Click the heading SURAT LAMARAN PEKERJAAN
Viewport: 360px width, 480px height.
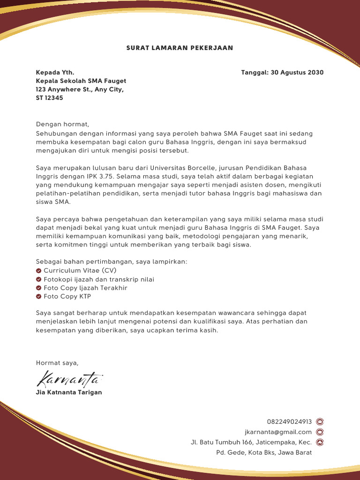click(180, 48)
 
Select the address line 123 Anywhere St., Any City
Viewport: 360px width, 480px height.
click(80, 90)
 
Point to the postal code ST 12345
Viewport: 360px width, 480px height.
click(49, 98)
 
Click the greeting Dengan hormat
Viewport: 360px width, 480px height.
click(62, 124)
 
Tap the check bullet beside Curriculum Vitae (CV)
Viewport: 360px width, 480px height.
click(38, 271)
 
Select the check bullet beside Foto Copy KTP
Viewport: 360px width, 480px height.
click(38, 297)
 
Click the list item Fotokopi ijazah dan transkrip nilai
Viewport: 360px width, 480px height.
click(99, 279)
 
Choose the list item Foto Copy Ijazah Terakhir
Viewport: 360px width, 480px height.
click(85, 288)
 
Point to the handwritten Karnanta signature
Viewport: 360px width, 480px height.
click(69, 377)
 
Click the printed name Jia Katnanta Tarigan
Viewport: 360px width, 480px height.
click(69, 392)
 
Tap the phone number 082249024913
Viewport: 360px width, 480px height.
click(289, 422)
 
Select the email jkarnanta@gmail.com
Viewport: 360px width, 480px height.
click(278, 432)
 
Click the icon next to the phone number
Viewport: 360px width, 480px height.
click(320, 422)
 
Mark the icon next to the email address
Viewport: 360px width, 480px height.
click(320, 432)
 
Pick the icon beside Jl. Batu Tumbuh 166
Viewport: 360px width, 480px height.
click(320, 442)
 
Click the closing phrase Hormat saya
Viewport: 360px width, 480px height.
click(57, 363)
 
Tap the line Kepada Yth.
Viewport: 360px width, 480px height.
click(55, 73)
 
